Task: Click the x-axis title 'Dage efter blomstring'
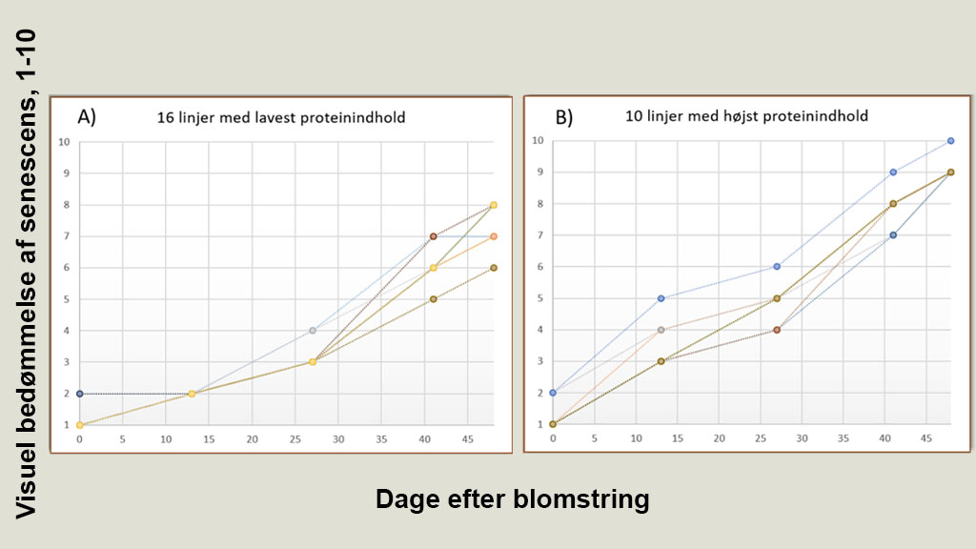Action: [512, 499]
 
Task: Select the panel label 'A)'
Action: [87, 117]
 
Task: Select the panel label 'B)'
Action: [563, 117]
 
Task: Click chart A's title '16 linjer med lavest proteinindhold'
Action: [281, 118]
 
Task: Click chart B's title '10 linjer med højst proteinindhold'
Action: [746, 117]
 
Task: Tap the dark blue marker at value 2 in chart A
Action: [79, 394]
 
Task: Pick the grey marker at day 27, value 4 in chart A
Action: [312, 331]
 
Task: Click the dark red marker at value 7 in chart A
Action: [433, 236]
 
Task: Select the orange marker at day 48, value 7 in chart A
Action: [494, 236]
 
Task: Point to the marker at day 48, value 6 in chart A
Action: [494, 268]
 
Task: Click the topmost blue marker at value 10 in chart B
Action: [950, 141]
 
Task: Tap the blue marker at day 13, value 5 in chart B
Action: [661, 298]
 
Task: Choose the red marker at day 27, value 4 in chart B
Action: [777, 330]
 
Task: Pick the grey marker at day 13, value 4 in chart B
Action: [661, 330]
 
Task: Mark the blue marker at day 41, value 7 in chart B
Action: [893, 235]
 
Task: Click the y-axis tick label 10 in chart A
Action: [65, 143]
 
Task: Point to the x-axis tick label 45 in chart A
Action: [467, 440]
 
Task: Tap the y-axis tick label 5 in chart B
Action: [539, 298]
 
